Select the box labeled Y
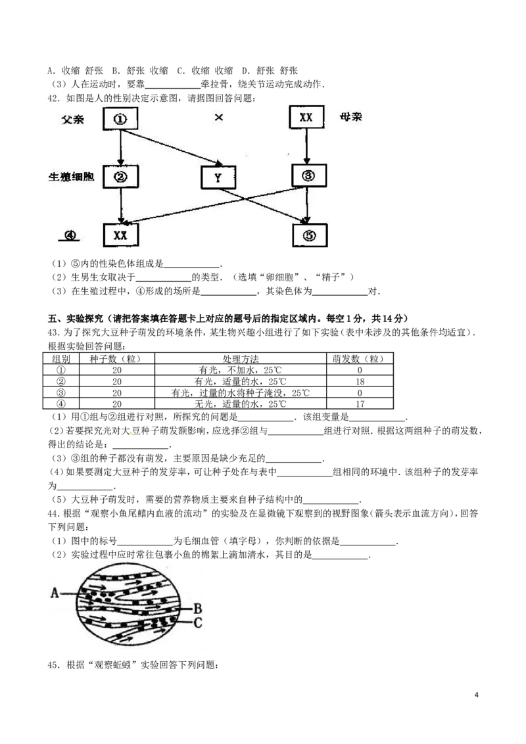218,178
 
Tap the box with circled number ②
121,176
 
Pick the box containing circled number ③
309,175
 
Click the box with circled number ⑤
309,235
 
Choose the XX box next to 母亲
306,118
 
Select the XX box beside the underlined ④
121,235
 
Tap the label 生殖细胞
73,177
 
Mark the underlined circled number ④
69,235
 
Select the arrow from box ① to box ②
121,147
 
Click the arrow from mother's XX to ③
306,146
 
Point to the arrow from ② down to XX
121,206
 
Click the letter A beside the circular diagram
55,593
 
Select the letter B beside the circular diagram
197,608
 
